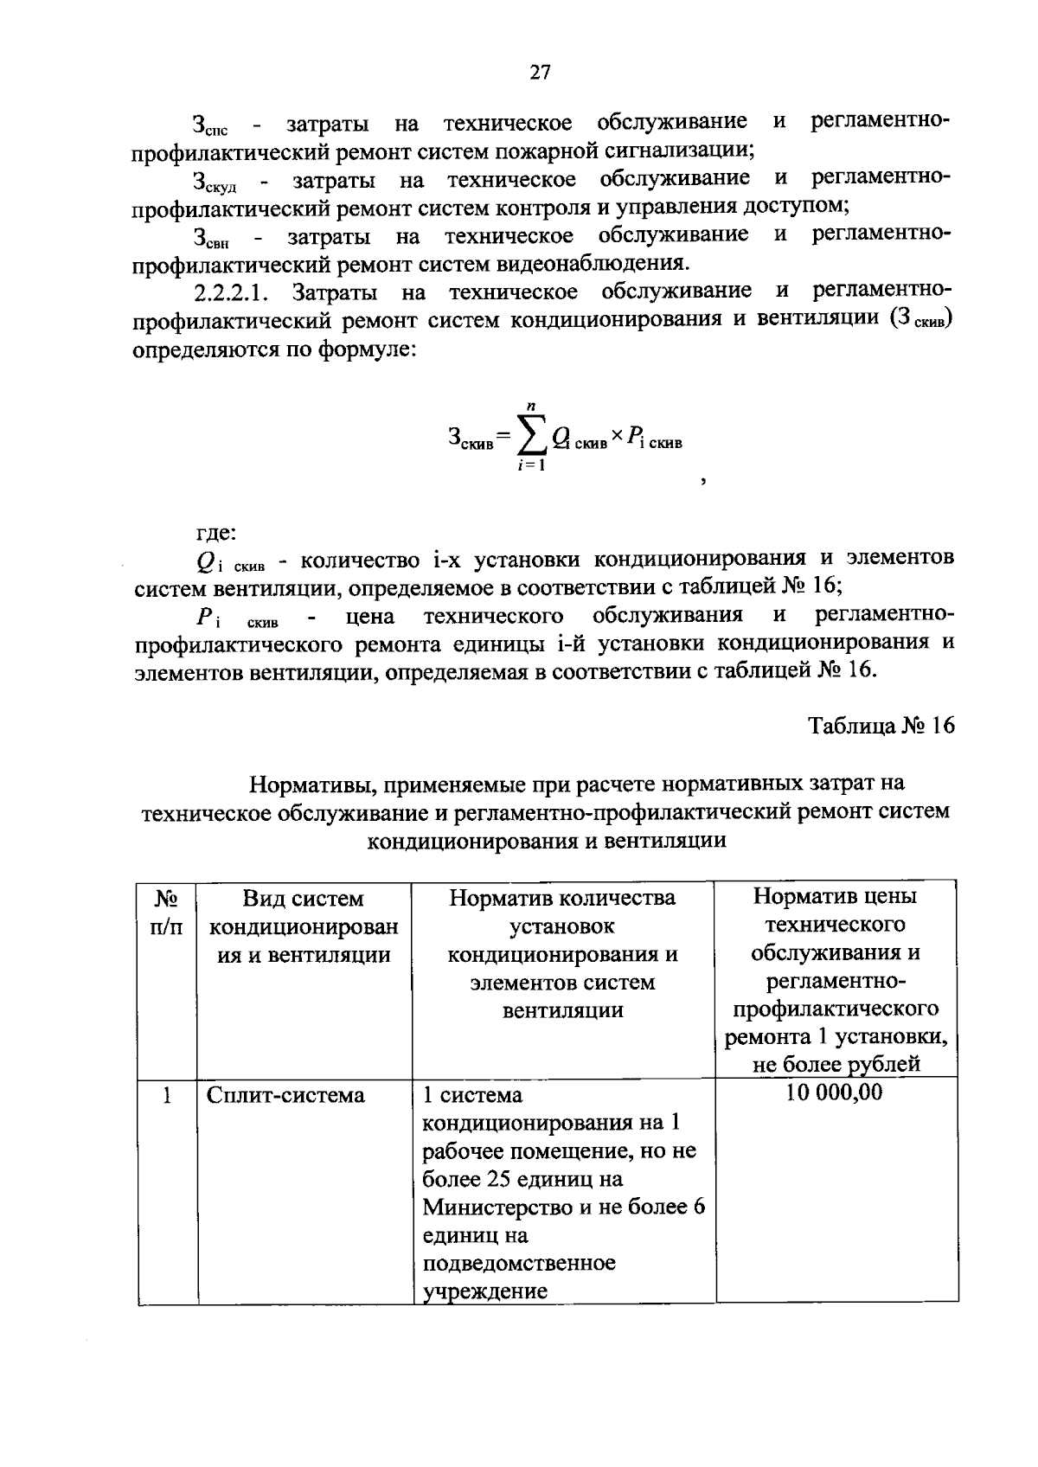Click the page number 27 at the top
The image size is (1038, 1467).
pos(540,73)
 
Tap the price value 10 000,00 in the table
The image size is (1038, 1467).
pos(835,1093)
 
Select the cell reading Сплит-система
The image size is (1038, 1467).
pos(285,1096)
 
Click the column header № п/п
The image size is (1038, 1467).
pos(166,913)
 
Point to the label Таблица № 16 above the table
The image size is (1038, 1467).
pos(881,726)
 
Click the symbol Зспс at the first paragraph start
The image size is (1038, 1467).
pos(210,126)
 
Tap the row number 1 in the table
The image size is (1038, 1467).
pos(166,1096)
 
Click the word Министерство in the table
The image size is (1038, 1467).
pos(497,1208)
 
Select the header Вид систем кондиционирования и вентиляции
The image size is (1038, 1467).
pos(304,926)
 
